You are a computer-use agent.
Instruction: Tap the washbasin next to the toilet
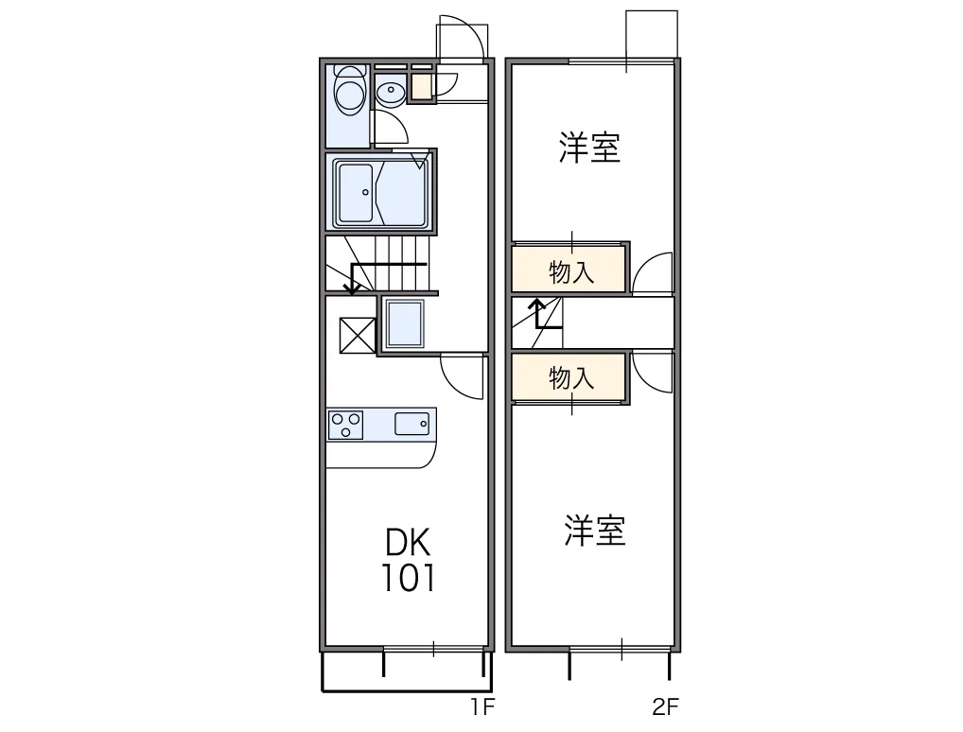pos(389,92)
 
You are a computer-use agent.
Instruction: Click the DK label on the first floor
pos(408,543)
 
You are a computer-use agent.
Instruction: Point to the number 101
pos(408,577)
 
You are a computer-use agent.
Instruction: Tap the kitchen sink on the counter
pos(412,423)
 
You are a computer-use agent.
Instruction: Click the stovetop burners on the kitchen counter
pos(345,424)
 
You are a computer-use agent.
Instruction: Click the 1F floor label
pos(482,706)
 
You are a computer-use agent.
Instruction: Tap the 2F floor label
pos(665,706)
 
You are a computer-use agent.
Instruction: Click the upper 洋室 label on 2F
pos(589,148)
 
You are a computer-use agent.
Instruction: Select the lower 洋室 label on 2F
pos(595,531)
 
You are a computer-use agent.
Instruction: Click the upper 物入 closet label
pos(571,272)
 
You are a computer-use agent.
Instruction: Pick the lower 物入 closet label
pos(571,378)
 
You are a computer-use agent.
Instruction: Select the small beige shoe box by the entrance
pos(420,87)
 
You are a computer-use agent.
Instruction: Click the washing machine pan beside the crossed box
pos(406,325)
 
